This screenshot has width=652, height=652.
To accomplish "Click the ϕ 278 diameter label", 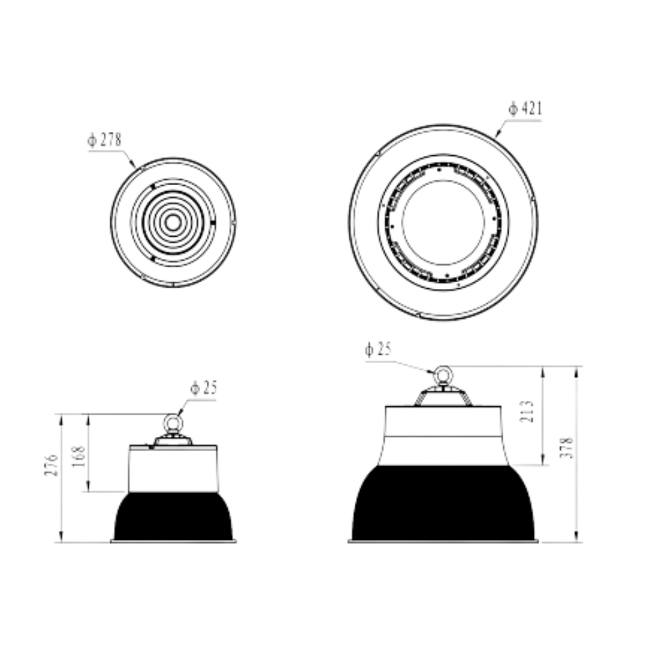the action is click(x=104, y=140).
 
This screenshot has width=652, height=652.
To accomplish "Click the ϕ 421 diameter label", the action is click(x=525, y=108).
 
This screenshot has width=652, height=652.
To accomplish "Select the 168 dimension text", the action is click(x=78, y=456).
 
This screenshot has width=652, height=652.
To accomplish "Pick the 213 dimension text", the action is click(x=527, y=411).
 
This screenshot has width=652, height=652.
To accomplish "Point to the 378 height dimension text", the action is click(x=566, y=447).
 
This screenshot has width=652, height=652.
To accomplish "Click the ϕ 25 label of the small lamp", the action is click(x=203, y=387).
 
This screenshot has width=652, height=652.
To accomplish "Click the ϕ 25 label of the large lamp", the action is click(x=378, y=349).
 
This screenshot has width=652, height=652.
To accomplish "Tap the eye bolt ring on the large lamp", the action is click(x=443, y=376).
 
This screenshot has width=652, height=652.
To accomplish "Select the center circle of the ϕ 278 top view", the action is click(x=173, y=223).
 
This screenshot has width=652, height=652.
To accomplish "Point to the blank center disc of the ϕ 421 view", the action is click(x=443, y=222).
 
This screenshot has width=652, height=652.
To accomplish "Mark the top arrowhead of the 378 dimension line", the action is click(x=576, y=372).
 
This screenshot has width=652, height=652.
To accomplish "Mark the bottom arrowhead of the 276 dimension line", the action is click(x=61, y=537).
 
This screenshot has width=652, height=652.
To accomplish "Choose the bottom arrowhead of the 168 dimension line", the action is click(x=88, y=486).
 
